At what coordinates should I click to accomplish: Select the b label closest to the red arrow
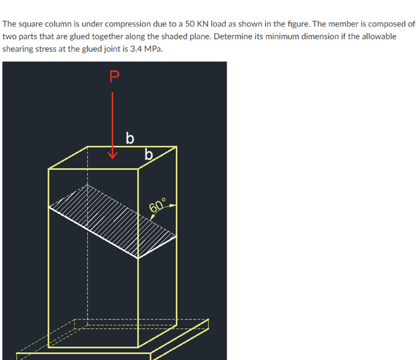click(130, 138)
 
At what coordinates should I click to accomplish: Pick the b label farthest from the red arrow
click(149, 155)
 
